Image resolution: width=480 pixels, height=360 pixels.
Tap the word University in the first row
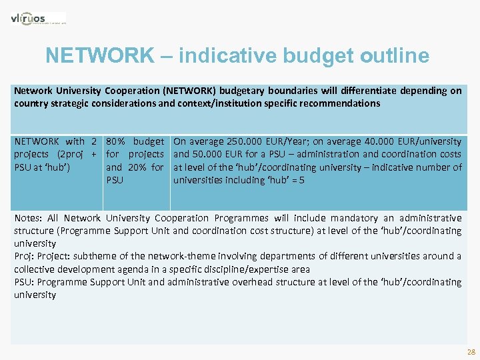[76, 91]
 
